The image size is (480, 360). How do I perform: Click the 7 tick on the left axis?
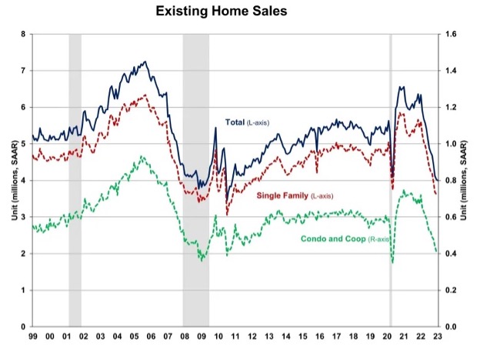[24, 71]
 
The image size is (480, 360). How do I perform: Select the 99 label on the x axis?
[33, 336]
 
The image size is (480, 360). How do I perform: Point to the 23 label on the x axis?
[438, 336]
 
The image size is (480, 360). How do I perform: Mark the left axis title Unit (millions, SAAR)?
[9, 180]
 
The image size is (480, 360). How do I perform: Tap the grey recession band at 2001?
[75, 180]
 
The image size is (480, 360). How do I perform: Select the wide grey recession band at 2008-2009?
[195, 180]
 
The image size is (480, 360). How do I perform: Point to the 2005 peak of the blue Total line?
[146, 62]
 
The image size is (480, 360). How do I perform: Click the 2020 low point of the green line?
[392, 263]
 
